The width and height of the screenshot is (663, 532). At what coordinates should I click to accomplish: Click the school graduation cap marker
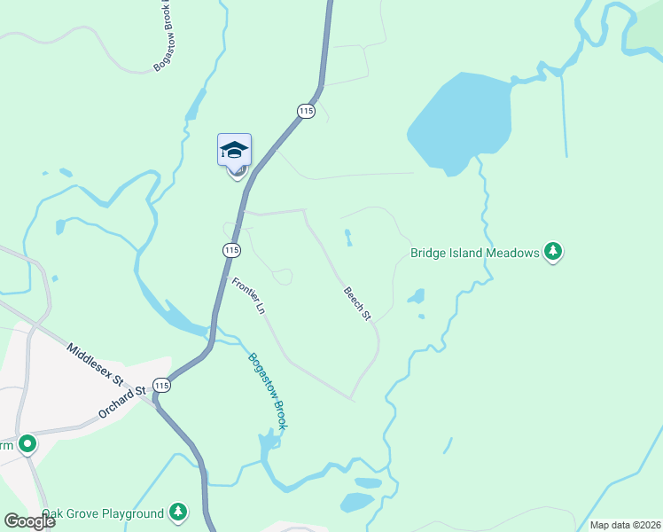click(235, 150)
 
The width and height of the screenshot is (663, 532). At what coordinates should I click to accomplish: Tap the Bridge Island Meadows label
click(475, 253)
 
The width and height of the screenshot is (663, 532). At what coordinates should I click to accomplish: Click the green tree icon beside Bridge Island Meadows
click(554, 253)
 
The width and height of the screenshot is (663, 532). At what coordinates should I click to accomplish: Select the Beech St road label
click(357, 303)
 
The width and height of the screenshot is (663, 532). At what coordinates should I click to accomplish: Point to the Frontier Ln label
click(248, 296)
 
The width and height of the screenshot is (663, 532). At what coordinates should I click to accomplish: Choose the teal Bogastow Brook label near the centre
click(268, 392)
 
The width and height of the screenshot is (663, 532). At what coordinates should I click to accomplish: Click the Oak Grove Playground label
click(103, 513)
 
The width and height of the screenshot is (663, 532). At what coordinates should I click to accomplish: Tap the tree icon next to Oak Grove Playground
click(178, 512)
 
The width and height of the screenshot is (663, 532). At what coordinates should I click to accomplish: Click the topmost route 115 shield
click(306, 111)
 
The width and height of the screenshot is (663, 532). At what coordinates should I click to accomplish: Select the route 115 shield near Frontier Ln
click(230, 250)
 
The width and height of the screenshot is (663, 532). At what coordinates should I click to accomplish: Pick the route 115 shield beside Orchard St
click(160, 385)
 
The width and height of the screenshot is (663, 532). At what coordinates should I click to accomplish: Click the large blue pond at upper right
click(461, 121)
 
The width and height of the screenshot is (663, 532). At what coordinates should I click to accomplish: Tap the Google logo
click(29, 520)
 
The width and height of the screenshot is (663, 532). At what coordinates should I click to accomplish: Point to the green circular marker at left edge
click(27, 442)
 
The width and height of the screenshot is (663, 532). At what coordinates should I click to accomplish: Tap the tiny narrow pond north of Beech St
click(348, 238)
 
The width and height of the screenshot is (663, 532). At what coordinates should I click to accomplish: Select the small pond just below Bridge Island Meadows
click(416, 296)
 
